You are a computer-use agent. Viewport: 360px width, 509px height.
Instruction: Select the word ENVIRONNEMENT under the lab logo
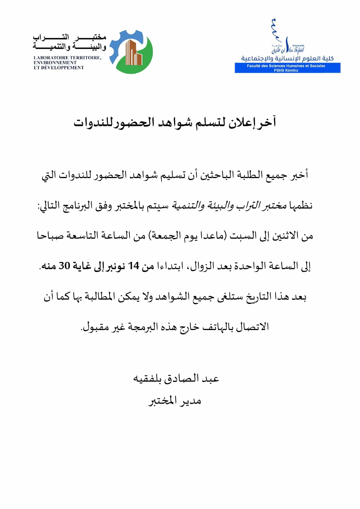tap(55, 63)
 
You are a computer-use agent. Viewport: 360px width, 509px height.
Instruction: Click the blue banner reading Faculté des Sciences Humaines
tap(287, 66)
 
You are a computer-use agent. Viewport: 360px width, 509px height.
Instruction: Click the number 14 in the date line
tap(134, 265)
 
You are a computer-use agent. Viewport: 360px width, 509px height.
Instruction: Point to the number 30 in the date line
tap(65, 265)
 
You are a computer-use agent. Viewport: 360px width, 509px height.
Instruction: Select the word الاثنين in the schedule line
tap(286, 236)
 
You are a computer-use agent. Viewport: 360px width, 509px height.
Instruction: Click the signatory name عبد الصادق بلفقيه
tap(176, 378)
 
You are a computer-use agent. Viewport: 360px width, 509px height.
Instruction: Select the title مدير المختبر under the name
tap(175, 401)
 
